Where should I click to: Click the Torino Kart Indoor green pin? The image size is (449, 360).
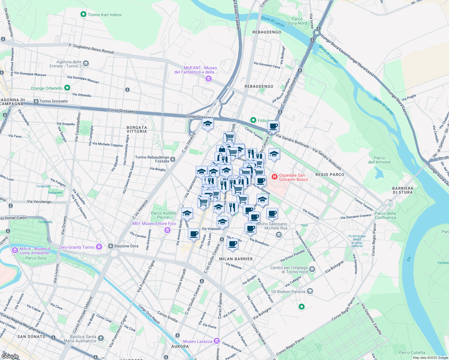click(83, 14)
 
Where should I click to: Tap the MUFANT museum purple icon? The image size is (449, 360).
click(208, 79)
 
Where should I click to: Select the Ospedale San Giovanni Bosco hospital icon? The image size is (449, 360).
click(274, 177)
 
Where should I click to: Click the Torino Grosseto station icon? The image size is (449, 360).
click(36, 101)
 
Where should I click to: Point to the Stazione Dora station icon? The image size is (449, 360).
click(110, 246)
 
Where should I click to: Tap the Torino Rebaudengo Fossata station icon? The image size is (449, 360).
click(173, 159)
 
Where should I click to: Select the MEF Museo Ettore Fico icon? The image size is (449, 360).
click(167, 230)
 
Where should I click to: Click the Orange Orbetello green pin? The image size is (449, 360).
click(67, 88)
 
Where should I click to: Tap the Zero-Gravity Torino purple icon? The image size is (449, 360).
click(99, 247)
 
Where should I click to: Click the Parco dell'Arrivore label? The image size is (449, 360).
click(379, 160)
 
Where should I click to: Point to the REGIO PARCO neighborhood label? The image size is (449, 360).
click(330, 175)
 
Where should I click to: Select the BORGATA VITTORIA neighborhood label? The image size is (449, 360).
click(137, 129)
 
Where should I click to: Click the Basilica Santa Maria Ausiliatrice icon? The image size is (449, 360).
click(101, 338)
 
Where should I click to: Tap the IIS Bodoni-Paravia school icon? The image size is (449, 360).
click(310, 291)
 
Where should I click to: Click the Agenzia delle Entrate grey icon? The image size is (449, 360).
click(86, 63)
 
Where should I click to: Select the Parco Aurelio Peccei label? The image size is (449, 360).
click(164, 215)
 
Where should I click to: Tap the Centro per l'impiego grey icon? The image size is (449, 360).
click(312, 269)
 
